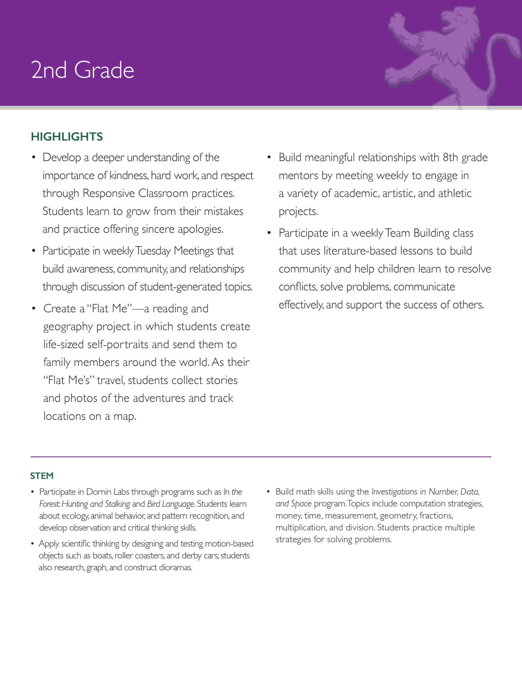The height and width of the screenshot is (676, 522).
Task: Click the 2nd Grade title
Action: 82,70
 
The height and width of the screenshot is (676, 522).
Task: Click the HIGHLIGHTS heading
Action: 67,137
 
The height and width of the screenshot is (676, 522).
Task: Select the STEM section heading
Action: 42,476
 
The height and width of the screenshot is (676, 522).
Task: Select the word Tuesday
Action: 153,251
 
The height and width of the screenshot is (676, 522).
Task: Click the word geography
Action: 68,327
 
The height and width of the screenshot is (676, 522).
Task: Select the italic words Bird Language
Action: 171,504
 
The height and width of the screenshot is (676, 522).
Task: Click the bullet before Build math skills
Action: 269,491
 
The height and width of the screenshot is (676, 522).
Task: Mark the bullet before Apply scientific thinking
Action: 32,544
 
